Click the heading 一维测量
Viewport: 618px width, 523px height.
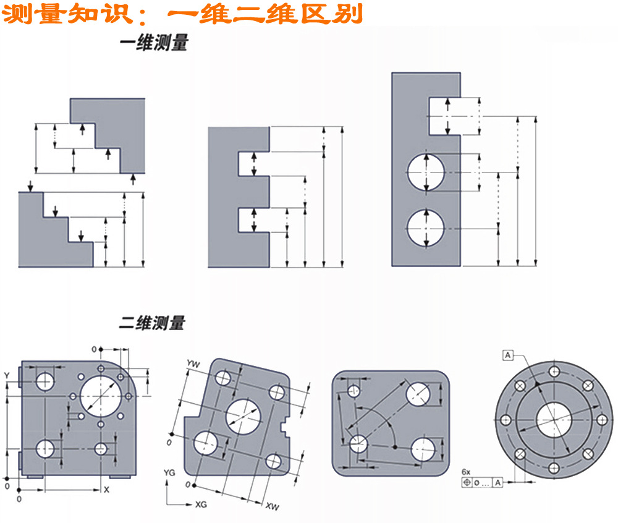(153, 44)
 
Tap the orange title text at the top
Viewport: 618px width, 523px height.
(182, 14)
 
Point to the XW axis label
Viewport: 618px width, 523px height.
(272, 506)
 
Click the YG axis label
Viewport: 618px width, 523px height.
(169, 472)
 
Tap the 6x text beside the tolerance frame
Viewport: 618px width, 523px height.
(466, 472)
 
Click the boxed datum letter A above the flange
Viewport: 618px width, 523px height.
(507, 354)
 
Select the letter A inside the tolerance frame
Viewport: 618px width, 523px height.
(497, 482)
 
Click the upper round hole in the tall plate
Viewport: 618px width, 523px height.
(426, 171)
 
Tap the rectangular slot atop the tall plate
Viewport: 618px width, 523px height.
(444, 116)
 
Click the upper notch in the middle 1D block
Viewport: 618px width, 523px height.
(253, 163)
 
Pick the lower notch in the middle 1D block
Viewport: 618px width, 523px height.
(253, 219)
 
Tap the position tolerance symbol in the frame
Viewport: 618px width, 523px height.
(467, 482)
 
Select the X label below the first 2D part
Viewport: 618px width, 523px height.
(106, 490)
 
